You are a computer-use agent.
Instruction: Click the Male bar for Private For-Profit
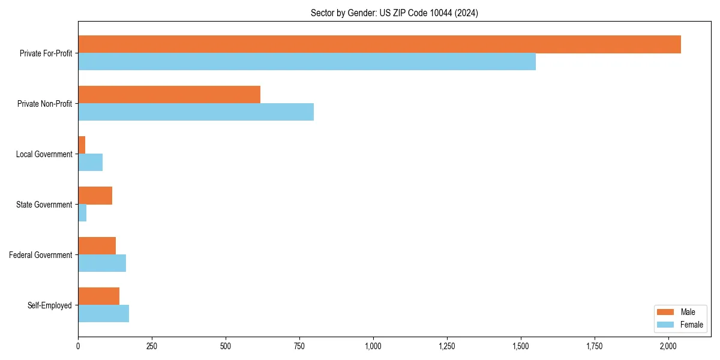[x=379, y=44]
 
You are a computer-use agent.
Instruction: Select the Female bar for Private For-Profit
[x=307, y=62]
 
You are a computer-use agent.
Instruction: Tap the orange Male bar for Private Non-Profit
[x=169, y=95]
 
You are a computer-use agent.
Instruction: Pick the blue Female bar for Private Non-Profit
[x=196, y=112]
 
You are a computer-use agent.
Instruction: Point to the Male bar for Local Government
[x=82, y=145]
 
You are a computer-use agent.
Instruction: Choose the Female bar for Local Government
[x=90, y=163]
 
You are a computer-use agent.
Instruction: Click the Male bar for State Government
[x=95, y=196]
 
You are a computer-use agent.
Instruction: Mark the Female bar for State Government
[x=82, y=213]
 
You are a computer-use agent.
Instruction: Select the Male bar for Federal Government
[x=97, y=246]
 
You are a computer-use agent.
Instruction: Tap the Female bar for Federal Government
[x=102, y=263]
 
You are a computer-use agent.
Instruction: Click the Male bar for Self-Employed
[x=98, y=296]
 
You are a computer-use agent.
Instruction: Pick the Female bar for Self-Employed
[x=103, y=314]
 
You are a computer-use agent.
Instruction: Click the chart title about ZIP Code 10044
[x=394, y=13]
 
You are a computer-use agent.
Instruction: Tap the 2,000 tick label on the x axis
[x=668, y=346]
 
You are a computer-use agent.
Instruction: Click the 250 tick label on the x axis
[x=152, y=346]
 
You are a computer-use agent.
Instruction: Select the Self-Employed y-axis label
[x=50, y=305]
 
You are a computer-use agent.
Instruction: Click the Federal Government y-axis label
[x=41, y=255]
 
